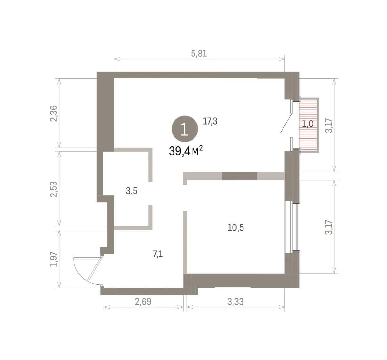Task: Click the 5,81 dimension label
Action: [x=199, y=54]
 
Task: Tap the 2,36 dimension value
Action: [x=54, y=114]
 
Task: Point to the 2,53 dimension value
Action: [x=54, y=189]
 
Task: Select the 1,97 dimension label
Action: [x=54, y=259]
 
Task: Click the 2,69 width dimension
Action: [x=143, y=302]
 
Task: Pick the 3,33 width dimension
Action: [x=235, y=302]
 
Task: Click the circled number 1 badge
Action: [x=185, y=129]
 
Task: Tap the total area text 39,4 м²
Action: [x=186, y=151]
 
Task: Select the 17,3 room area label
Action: [x=210, y=121]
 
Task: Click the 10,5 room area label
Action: [x=236, y=227]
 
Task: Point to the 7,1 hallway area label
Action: [x=158, y=254]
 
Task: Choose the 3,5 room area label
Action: [x=132, y=191]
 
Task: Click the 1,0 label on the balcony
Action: [x=307, y=124]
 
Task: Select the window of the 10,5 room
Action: [x=291, y=227]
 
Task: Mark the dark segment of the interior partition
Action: [x=240, y=176]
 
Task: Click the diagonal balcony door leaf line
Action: [x=287, y=123]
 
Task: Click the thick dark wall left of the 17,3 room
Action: [x=105, y=112]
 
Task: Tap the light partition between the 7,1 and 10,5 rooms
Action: [x=185, y=243]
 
